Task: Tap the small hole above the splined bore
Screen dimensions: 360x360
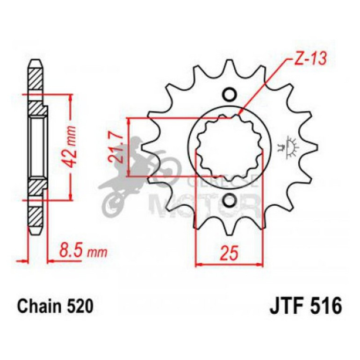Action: pyautogui.click(x=229, y=94)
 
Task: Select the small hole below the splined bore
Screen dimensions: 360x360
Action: pyautogui.click(x=229, y=201)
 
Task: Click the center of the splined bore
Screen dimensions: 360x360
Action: pyautogui.click(x=229, y=147)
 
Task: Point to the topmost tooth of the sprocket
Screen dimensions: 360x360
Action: pyautogui.click(x=229, y=65)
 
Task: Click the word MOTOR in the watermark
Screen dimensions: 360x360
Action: pyautogui.click(x=206, y=205)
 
